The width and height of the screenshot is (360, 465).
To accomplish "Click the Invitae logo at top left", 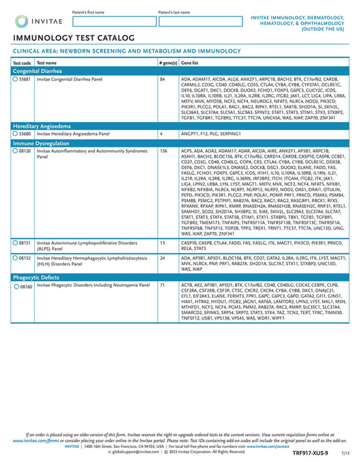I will (33, 21).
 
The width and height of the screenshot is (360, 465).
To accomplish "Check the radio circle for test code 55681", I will (16, 79).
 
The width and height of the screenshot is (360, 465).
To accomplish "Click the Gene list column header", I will (190, 62).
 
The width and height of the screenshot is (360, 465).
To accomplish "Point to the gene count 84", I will (162, 79).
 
